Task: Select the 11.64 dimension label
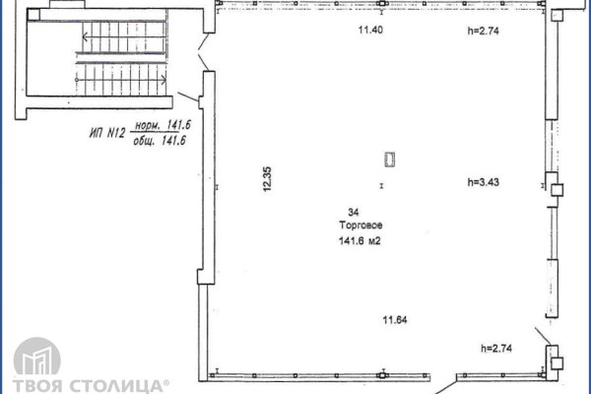396,318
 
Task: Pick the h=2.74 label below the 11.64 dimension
497,348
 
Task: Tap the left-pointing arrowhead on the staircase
85,36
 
